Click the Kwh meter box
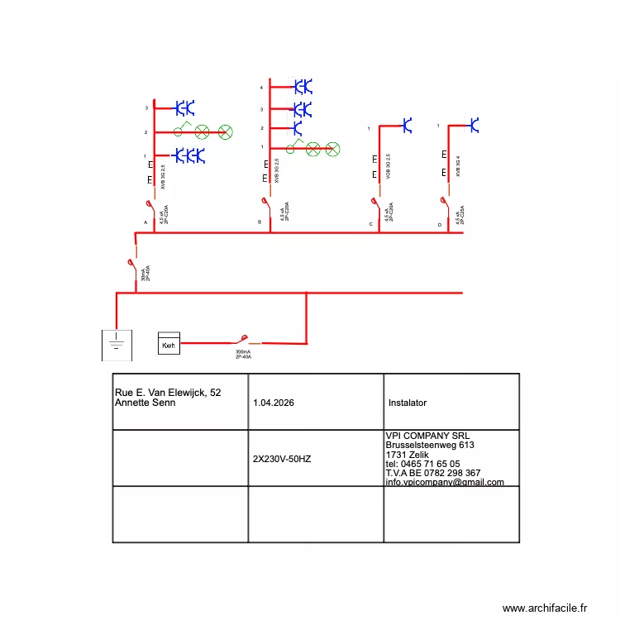click(x=169, y=345)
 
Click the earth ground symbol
click(x=117, y=341)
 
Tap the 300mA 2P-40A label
click(x=243, y=354)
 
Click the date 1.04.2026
click(x=274, y=403)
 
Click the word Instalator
click(x=408, y=403)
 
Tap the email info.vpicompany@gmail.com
click(x=445, y=482)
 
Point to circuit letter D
click(x=440, y=225)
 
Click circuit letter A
click(x=145, y=223)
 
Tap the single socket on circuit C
click(x=406, y=126)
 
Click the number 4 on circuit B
click(x=261, y=88)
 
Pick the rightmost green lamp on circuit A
click(x=223, y=132)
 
